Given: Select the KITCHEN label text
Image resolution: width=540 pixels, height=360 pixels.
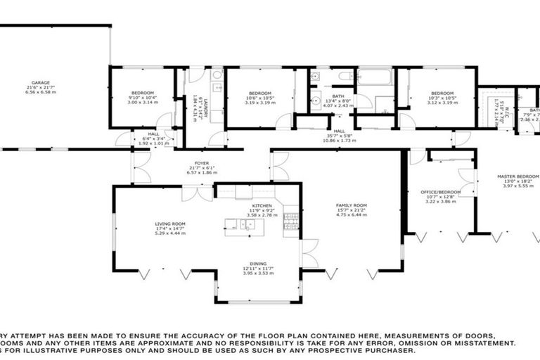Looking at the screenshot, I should point(252,205).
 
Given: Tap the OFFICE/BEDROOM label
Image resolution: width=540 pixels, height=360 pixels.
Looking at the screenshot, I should point(442,192).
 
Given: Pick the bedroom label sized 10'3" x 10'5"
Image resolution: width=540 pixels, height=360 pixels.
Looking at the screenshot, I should point(442,94).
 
